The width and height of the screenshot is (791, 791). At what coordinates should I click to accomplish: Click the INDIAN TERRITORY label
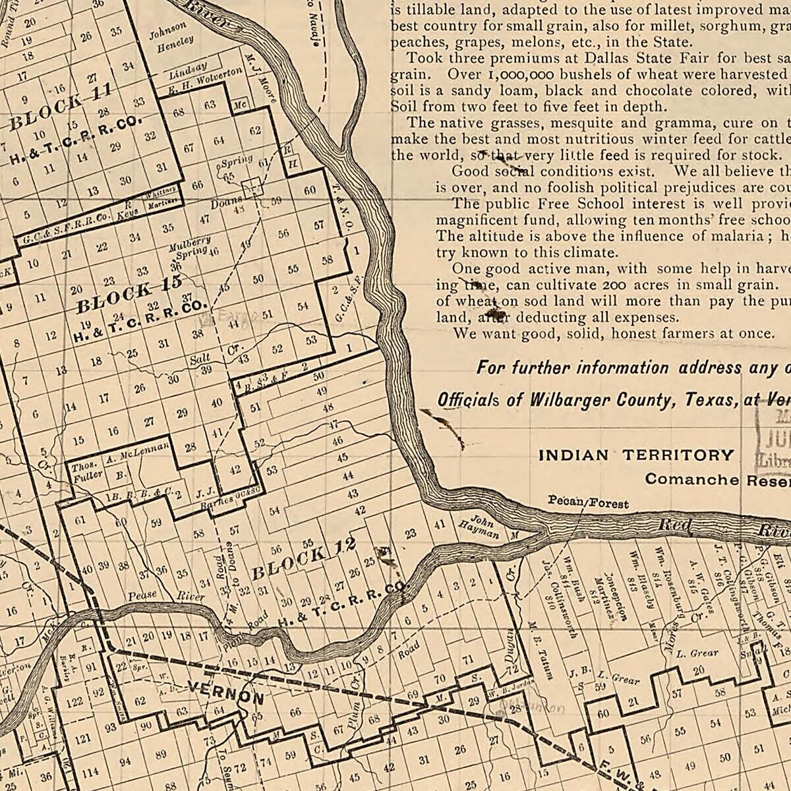tap(635, 455)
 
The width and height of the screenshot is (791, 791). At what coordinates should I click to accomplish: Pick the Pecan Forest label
tap(588, 502)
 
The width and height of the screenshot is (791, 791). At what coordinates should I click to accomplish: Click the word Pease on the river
tap(142, 595)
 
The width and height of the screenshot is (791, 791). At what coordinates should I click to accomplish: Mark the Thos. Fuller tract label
tap(86, 471)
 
